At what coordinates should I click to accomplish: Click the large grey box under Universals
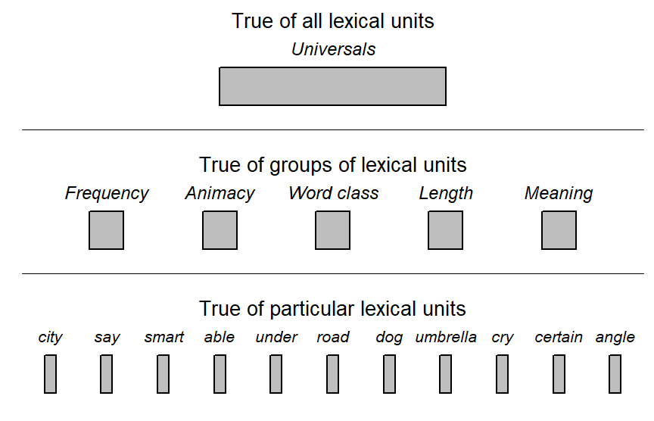click(x=332, y=86)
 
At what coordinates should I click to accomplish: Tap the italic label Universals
click(x=333, y=49)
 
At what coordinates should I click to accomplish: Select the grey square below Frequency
click(x=107, y=230)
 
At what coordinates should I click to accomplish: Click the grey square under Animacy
click(x=220, y=230)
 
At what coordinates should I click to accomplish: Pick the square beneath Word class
click(x=332, y=230)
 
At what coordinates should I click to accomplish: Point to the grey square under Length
click(x=445, y=230)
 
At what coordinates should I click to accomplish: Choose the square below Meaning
click(x=559, y=230)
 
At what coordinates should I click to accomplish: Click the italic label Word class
click(x=334, y=193)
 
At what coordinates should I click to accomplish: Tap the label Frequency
click(x=107, y=194)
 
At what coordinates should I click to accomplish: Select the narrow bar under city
click(x=50, y=374)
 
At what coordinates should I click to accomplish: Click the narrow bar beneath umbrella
click(x=445, y=374)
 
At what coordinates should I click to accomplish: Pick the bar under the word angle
click(x=615, y=374)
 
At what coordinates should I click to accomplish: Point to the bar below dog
click(x=389, y=374)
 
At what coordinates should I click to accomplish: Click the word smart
click(x=164, y=337)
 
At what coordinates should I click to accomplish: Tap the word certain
click(x=559, y=337)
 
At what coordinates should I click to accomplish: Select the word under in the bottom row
click(x=276, y=337)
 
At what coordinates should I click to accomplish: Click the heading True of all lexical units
click(x=333, y=21)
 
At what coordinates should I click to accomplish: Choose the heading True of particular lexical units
click(x=332, y=309)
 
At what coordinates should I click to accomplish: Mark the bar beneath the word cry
click(x=502, y=374)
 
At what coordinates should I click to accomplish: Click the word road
click(x=333, y=337)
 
